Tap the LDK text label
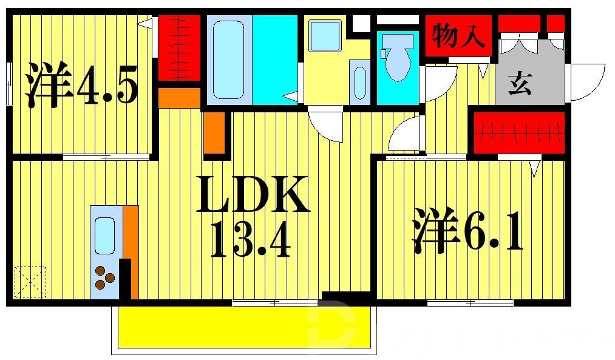point(252,195)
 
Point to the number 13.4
point(250,239)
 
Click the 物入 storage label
point(458,36)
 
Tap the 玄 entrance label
point(520,84)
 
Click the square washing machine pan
point(324,35)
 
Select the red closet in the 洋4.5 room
point(179,47)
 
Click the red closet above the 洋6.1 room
point(519,132)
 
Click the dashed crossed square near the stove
point(30,281)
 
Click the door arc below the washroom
point(325,126)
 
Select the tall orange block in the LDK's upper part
point(214,132)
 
